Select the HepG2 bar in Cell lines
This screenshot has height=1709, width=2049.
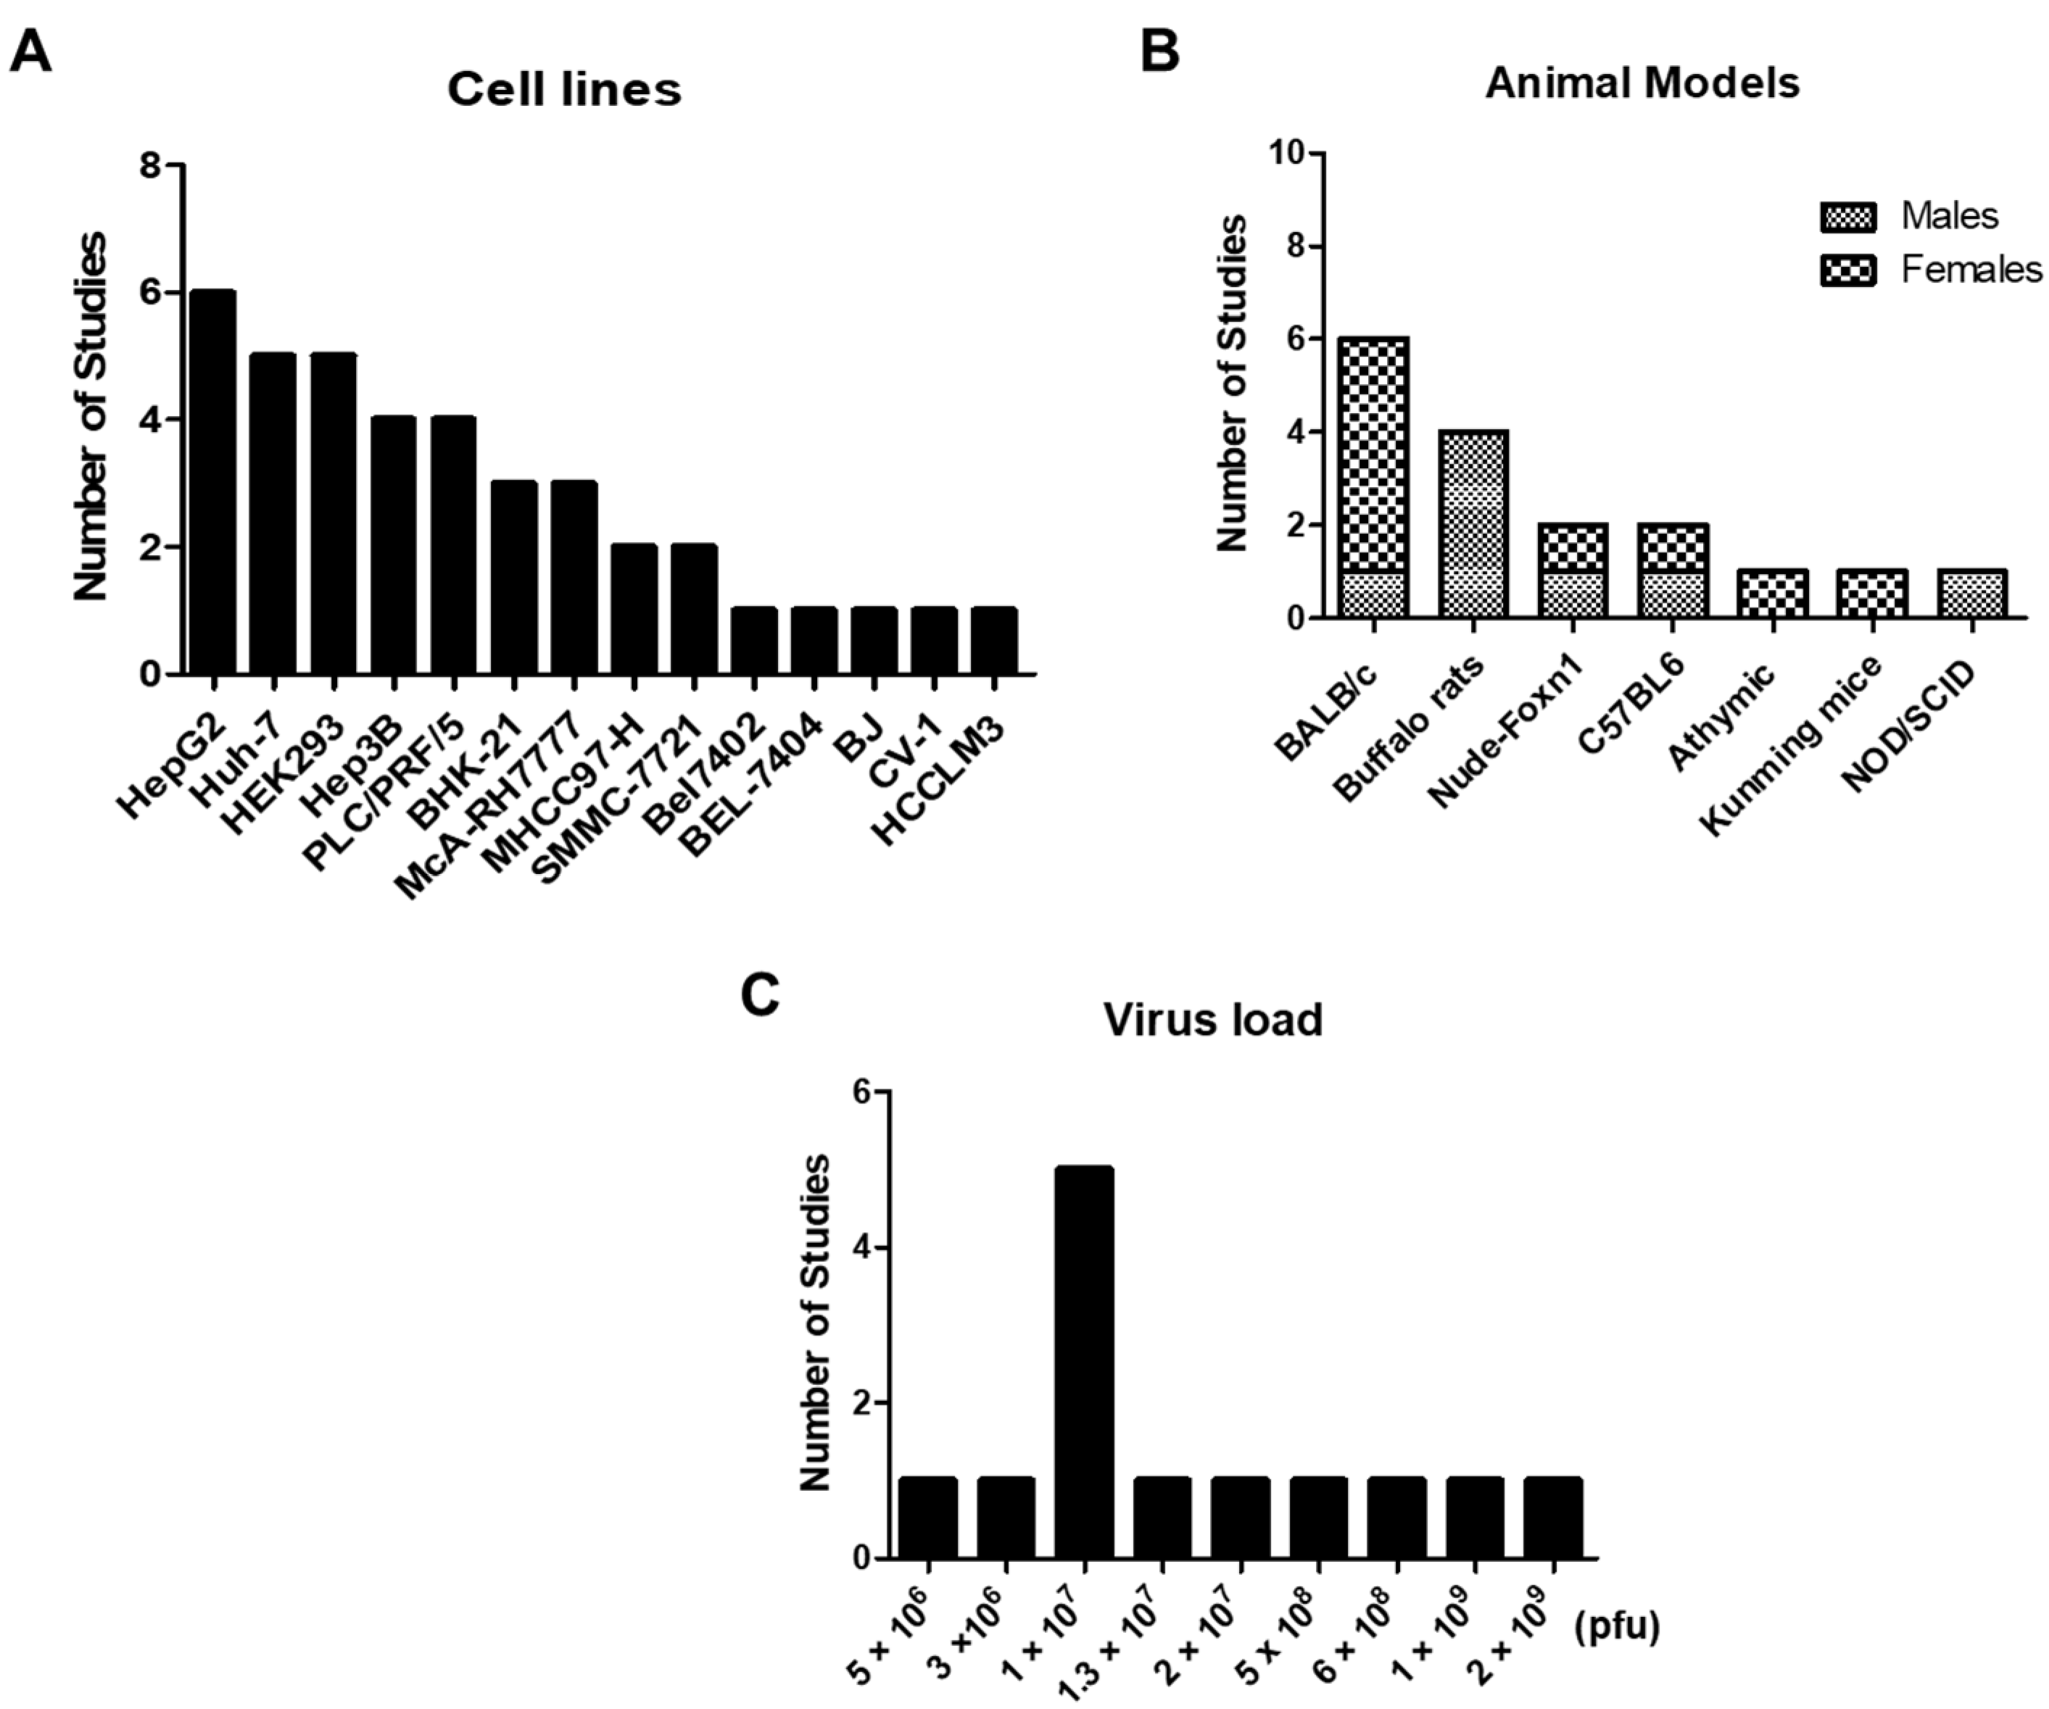click(212, 482)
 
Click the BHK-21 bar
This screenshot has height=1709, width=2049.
click(513, 578)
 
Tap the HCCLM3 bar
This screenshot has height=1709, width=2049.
click(994, 640)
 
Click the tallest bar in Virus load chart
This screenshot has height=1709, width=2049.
click(1084, 1362)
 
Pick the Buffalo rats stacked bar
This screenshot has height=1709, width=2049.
click(1473, 524)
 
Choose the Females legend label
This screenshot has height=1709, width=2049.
click(1971, 269)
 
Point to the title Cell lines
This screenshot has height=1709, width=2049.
click(564, 90)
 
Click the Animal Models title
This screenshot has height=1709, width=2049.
click(1642, 83)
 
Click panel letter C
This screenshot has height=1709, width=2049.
click(760, 995)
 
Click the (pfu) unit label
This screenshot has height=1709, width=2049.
click(1617, 1626)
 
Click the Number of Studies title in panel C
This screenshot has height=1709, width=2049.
click(816, 1323)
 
